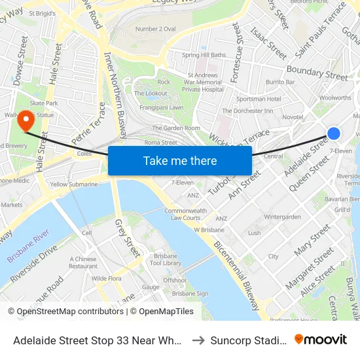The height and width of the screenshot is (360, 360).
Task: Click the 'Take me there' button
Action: pos(180,160)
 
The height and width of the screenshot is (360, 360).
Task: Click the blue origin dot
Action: pos(333,134)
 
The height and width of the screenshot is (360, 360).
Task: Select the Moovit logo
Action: pos(321,340)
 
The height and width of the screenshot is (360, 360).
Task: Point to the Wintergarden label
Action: pos(282,217)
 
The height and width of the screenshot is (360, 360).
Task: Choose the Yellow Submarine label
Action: pos(74,185)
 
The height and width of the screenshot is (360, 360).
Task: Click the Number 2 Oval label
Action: pos(155,29)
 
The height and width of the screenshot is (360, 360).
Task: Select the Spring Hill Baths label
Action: pos(204,55)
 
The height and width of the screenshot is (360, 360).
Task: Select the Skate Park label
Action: pos(44,103)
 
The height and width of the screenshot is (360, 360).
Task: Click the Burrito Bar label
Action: pos(280,82)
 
